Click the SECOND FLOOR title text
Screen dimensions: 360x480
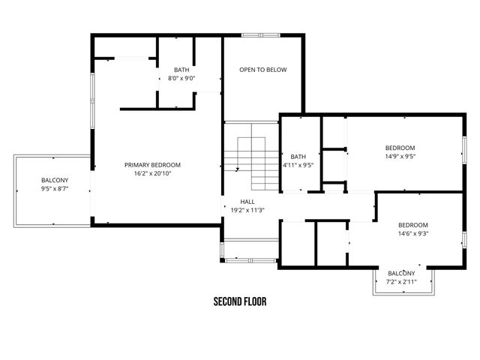point(240,302)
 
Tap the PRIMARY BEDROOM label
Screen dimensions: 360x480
point(152,165)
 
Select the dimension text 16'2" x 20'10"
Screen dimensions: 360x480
point(152,173)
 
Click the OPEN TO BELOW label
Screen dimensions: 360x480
point(263,70)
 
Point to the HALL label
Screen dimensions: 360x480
point(247,202)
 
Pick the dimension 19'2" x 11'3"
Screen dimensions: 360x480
point(247,210)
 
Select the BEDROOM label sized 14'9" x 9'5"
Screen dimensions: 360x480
point(400,148)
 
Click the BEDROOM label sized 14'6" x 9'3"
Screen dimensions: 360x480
point(412,225)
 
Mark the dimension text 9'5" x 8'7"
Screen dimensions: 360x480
point(54,189)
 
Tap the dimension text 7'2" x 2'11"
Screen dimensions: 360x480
point(401,281)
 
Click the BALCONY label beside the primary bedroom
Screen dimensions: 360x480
point(54,180)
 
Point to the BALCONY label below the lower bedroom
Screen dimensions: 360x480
point(401,273)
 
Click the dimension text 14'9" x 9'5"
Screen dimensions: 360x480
point(400,157)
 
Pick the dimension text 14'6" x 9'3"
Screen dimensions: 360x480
point(412,233)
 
